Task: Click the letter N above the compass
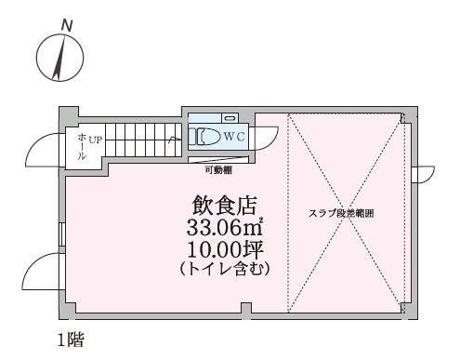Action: [67, 26]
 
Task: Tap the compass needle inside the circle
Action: [59, 58]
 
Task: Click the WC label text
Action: [234, 137]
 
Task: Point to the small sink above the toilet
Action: [230, 118]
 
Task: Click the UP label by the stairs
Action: [96, 140]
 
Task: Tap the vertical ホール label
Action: [82, 147]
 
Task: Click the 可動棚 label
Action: [219, 170]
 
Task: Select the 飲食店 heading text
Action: [225, 206]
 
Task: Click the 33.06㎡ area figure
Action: [225, 228]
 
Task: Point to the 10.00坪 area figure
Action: [225, 250]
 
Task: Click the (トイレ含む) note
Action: [225, 269]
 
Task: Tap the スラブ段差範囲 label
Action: [341, 213]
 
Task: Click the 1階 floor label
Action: [71, 340]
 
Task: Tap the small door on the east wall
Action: [423, 175]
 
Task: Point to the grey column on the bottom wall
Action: [246, 309]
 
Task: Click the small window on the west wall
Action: [62, 234]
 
